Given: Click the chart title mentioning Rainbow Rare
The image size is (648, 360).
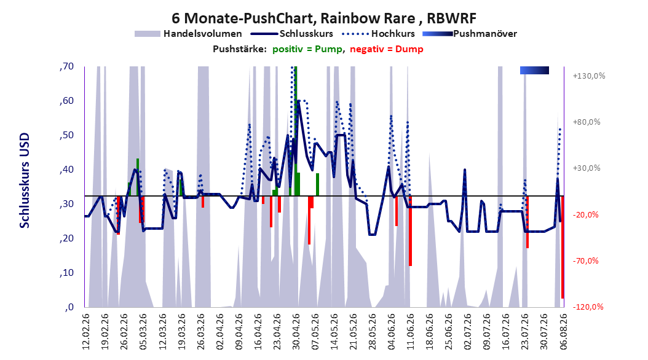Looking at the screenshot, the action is tap(324, 18).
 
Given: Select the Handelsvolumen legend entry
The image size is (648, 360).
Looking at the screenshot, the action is tap(189, 34).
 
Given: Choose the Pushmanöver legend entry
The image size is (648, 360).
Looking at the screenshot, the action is tap(470, 34).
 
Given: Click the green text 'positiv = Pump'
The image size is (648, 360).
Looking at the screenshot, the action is tap(307, 49).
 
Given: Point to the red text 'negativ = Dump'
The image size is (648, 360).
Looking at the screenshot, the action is tap(387, 49).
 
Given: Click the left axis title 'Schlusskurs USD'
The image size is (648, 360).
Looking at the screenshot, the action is tap(25, 181).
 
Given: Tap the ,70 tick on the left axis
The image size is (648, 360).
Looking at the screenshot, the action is tap(66, 66).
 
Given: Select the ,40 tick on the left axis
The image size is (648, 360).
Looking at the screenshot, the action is tap(66, 170).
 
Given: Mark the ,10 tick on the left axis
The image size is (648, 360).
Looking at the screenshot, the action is tap(66, 273).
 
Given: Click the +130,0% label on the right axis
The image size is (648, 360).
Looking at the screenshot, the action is tap(589, 76).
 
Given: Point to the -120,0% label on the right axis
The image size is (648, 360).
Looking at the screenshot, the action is tap(588, 307).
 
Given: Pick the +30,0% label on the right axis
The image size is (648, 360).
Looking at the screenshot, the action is tap(587, 168).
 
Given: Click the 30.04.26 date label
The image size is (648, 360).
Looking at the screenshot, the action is tap(296, 332).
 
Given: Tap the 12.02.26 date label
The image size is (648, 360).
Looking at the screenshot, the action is tap(86, 332).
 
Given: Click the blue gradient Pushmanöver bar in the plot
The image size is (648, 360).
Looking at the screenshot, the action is tap(534, 70).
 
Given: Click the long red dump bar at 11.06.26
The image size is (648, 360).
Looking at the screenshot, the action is tap(410, 231).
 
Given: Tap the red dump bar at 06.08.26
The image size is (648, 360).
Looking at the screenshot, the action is tap(563, 247).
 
